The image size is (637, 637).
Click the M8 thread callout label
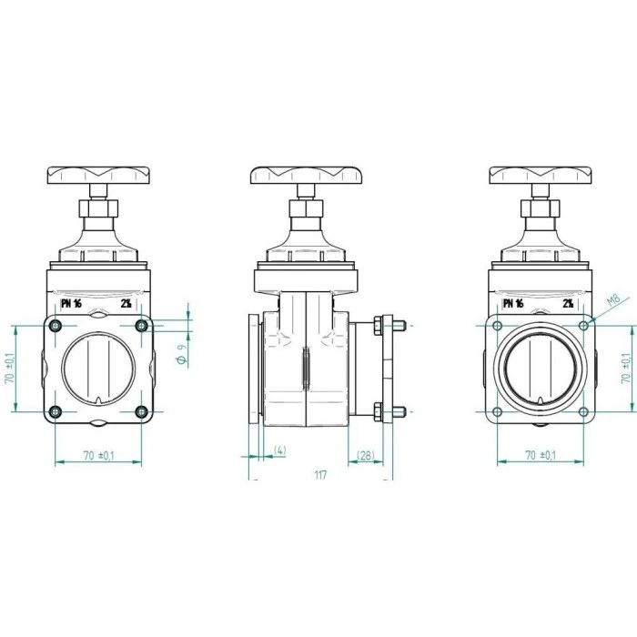(x=613, y=299)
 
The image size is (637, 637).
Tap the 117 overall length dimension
(x=320, y=474)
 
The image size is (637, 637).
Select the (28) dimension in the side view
(x=365, y=455)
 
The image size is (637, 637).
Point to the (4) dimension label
(x=279, y=450)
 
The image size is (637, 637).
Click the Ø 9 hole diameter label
(x=182, y=354)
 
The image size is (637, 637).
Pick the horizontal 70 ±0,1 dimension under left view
(x=98, y=455)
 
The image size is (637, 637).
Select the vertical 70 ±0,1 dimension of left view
(x=10, y=368)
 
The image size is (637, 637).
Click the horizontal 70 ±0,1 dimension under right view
(x=541, y=455)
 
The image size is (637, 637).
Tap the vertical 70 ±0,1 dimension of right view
(x=626, y=368)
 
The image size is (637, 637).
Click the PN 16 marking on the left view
(x=71, y=303)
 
